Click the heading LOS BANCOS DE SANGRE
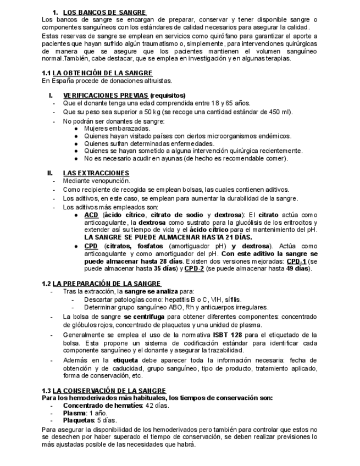pyautogui.click(x=104, y=12)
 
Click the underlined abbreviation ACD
pyautogui.click(x=91, y=215)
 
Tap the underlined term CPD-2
pyautogui.click(x=194, y=269)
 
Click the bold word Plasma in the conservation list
pyautogui.click(x=74, y=413)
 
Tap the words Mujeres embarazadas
pyautogui.click(x=113, y=129)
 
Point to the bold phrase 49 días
pyautogui.click(x=297, y=269)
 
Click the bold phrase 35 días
pyautogui.click(x=164, y=269)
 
